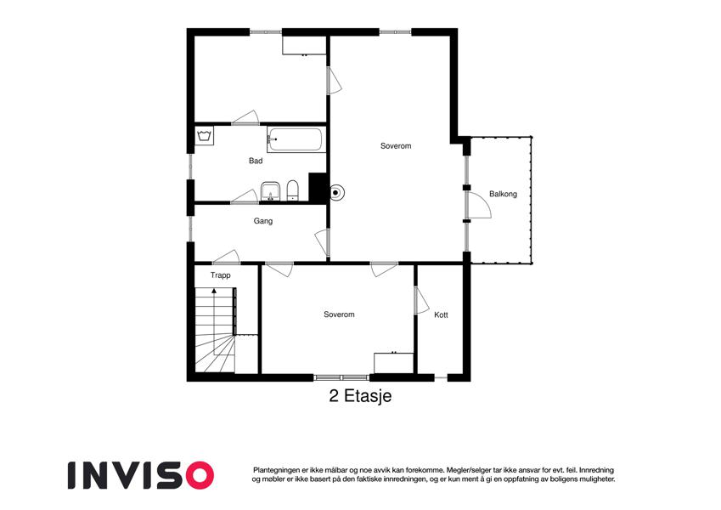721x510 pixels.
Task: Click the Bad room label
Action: [256, 161]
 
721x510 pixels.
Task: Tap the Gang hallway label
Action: [262, 221]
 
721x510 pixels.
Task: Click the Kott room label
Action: [441, 314]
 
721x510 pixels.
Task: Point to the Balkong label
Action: [503, 194]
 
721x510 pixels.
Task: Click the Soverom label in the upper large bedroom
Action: [396, 146]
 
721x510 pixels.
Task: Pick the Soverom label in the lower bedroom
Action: [339, 314]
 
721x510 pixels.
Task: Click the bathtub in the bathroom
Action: [296, 139]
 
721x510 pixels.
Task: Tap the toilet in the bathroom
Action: [292, 190]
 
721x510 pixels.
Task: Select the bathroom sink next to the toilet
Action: [271, 190]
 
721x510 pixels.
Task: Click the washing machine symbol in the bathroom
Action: [204, 136]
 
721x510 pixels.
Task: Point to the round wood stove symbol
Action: [337, 192]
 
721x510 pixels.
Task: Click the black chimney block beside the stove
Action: [318, 186]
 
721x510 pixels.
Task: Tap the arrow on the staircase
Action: [214, 291]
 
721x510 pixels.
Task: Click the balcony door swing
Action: [478, 205]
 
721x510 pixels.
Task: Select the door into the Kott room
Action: [421, 301]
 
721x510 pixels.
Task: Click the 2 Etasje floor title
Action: [360, 396]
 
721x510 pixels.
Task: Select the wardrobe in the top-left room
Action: [305, 44]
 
